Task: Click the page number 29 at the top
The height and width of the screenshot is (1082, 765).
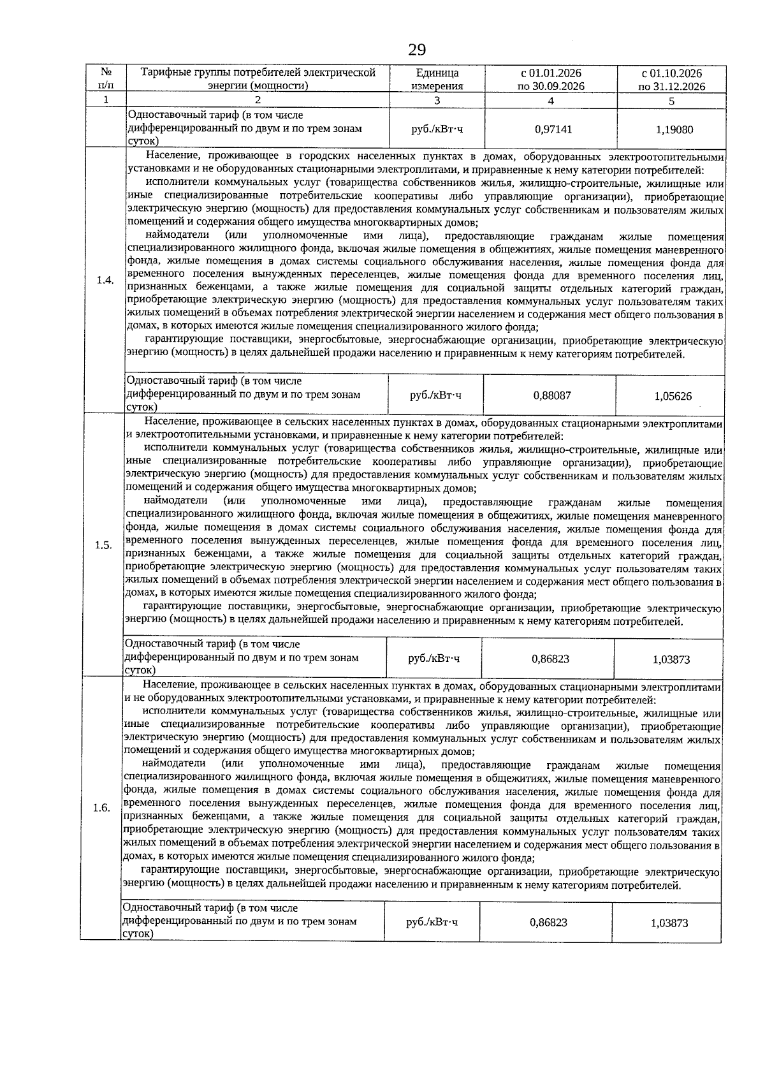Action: [x=417, y=50]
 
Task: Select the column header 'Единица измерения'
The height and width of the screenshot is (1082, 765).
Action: [x=437, y=80]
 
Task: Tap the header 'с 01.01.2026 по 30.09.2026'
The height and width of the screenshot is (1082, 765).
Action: [x=551, y=80]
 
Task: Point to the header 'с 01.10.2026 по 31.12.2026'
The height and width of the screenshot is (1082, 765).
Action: [x=671, y=80]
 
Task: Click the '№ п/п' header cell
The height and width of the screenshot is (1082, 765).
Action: [x=106, y=80]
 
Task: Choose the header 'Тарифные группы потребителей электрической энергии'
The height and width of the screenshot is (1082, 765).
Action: [x=258, y=80]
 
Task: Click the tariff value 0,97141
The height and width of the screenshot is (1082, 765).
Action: [x=553, y=129]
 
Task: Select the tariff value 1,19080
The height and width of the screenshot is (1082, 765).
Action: [x=674, y=129]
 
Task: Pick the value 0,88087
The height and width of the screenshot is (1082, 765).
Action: [x=552, y=395]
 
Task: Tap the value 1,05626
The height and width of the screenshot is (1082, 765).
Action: [x=673, y=396]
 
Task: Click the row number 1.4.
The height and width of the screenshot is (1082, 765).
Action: [x=105, y=281]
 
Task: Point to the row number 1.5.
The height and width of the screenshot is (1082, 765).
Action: [x=104, y=545]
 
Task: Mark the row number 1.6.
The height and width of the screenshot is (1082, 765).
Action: [x=102, y=808]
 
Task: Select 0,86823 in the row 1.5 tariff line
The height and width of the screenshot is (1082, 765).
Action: [x=550, y=659]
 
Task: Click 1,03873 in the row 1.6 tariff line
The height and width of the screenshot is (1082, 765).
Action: [x=669, y=923]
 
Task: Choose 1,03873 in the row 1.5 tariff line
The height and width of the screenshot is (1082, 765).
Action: [x=671, y=659]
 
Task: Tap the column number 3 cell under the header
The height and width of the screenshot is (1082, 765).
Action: [x=437, y=100]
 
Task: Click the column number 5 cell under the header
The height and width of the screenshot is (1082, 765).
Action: [x=671, y=101]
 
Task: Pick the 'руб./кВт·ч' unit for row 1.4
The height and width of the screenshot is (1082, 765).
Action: [x=436, y=395]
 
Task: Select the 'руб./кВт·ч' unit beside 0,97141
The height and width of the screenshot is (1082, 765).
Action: [x=437, y=129]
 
